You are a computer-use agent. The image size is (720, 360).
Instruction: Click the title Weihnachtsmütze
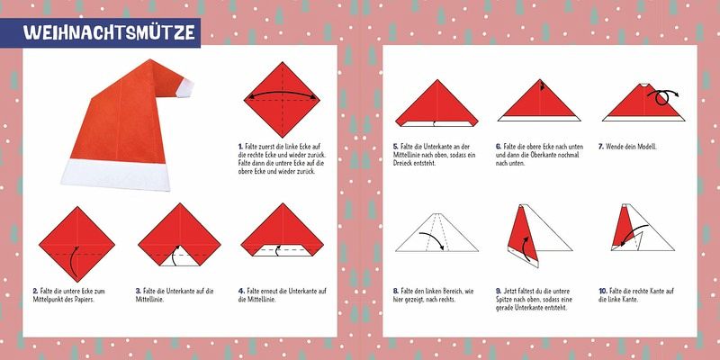tap(109, 32)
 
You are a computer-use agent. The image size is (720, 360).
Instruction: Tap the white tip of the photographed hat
tap(185, 87)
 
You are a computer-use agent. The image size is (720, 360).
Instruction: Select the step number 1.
tap(240, 147)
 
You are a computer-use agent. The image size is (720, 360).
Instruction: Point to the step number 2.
tap(35, 291)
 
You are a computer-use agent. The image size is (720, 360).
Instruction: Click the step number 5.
tap(395, 147)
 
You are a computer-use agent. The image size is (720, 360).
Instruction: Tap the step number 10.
tap(603, 291)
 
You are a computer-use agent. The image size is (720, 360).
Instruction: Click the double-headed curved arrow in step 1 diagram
tap(282, 93)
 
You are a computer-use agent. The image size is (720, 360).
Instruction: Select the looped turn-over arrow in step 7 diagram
tap(662, 96)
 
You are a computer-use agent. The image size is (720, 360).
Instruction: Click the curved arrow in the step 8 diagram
tap(434, 238)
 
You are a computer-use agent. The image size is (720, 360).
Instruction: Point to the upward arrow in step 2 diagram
tap(74, 262)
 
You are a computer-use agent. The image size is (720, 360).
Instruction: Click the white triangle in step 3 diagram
tap(179, 256)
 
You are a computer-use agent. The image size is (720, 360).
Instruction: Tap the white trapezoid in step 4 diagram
tap(282, 250)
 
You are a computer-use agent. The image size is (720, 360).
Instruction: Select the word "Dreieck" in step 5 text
tap(402, 163)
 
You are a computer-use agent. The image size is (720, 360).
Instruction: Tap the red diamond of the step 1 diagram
tap(282, 100)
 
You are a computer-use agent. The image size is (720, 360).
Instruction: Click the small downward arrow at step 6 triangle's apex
tap(542, 85)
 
